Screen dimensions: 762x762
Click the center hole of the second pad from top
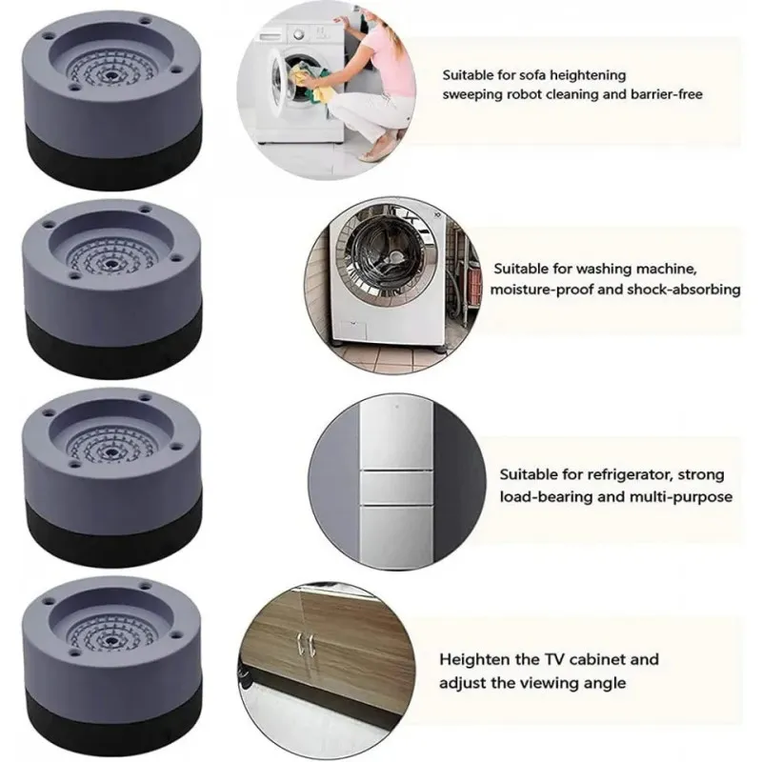point(111,264)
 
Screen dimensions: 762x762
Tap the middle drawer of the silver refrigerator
point(396,488)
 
